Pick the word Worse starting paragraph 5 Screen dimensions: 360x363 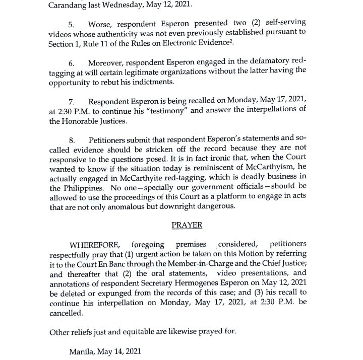[x=100, y=24]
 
